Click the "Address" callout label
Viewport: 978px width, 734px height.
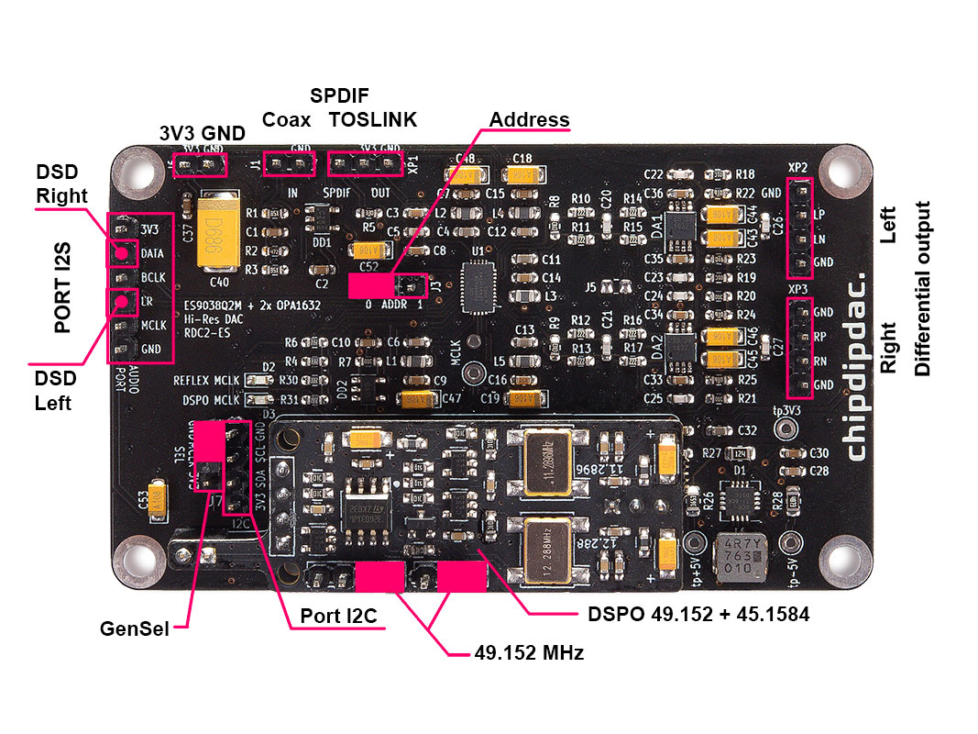pyautogui.click(x=529, y=120)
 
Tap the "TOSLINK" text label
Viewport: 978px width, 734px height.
pyautogui.click(x=373, y=119)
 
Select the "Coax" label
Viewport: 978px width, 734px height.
pyautogui.click(x=286, y=119)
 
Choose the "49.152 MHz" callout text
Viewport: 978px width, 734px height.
pyautogui.click(x=529, y=653)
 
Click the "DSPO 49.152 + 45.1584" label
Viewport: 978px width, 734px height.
pyautogui.click(x=690, y=614)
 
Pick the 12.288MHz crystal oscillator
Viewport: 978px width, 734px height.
pyautogui.click(x=548, y=549)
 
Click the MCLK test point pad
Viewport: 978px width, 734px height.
pyautogui.click(x=474, y=374)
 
